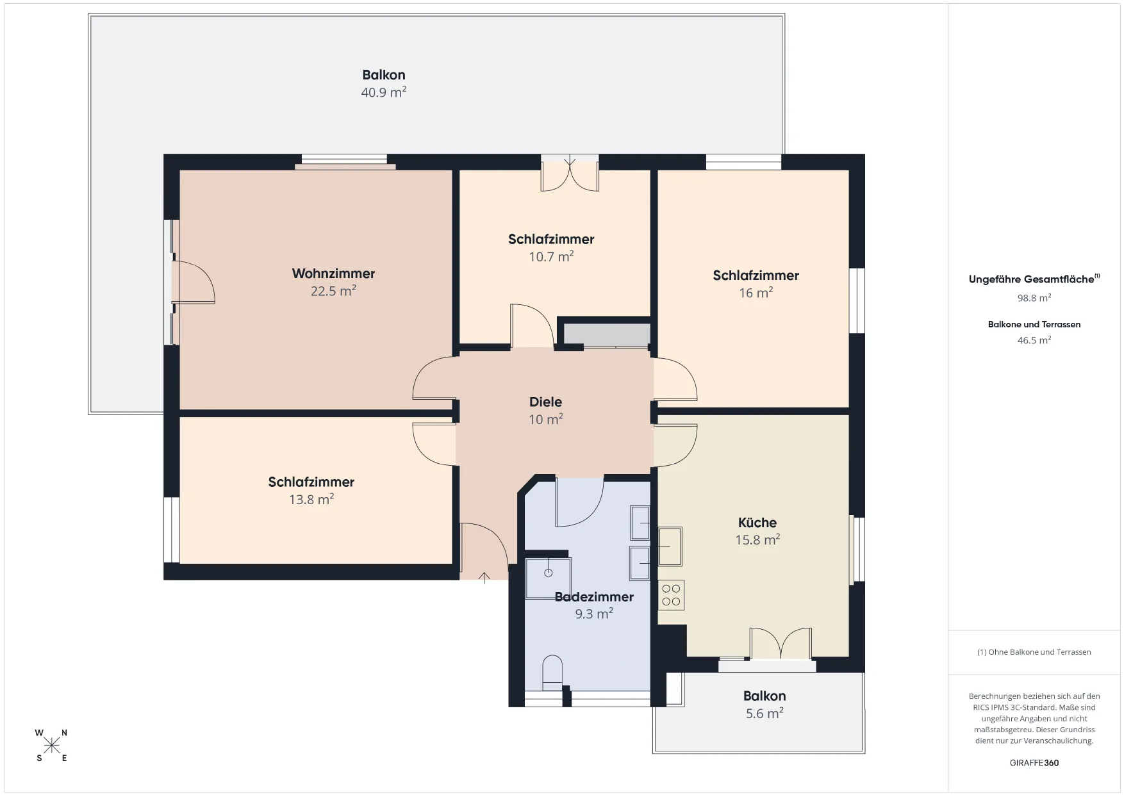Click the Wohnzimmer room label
[x=333, y=274]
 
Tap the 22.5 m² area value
[x=333, y=291]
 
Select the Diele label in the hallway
[x=545, y=402]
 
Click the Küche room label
[x=757, y=522]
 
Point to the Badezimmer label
[x=594, y=596]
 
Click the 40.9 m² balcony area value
[x=383, y=92]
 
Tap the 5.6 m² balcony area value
[x=764, y=713]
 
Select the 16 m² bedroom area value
[x=756, y=293]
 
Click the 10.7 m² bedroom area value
[x=551, y=256]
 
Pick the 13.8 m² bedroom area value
[x=311, y=499]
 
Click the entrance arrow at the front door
[x=484, y=578]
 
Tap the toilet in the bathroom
[x=552, y=673]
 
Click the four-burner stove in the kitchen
[x=671, y=594]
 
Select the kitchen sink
[x=670, y=546]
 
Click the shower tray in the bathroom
[x=548, y=578]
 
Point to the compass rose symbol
[x=52, y=746]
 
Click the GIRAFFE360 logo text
[x=1034, y=763]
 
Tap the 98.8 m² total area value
[x=1034, y=298]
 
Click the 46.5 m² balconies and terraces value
[x=1034, y=340]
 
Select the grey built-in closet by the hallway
[x=607, y=335]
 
